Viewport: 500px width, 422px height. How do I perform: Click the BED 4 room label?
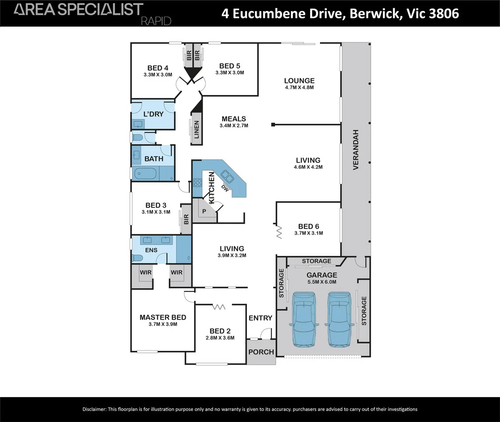(158, 68)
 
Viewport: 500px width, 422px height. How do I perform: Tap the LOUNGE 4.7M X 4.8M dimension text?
(299, 88)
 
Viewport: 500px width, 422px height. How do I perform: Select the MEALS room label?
(234, 119)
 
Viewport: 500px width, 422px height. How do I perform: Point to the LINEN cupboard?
(196, 129)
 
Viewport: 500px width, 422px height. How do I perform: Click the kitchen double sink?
(227, 176)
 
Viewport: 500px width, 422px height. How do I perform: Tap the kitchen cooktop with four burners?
(198, 183)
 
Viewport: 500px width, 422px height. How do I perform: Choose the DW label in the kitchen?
(225, 188)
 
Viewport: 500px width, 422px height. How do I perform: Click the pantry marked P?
(204, 211)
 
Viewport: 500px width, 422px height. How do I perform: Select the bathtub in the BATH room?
(145, 173)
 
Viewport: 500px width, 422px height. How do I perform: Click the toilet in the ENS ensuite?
(137, 258)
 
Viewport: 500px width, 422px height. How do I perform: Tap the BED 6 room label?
(309, 226)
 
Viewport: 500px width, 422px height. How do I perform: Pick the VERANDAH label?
(356, 150)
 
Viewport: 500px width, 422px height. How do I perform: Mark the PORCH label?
(261, 352)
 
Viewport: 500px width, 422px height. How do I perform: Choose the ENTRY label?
(261, 318)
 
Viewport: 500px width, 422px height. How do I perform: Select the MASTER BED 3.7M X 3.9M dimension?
(163, 324)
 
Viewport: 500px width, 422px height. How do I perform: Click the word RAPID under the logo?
(156, 21)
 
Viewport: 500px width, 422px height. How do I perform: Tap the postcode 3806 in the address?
(444, 13)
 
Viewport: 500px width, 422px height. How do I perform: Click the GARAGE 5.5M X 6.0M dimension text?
(322, 282)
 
